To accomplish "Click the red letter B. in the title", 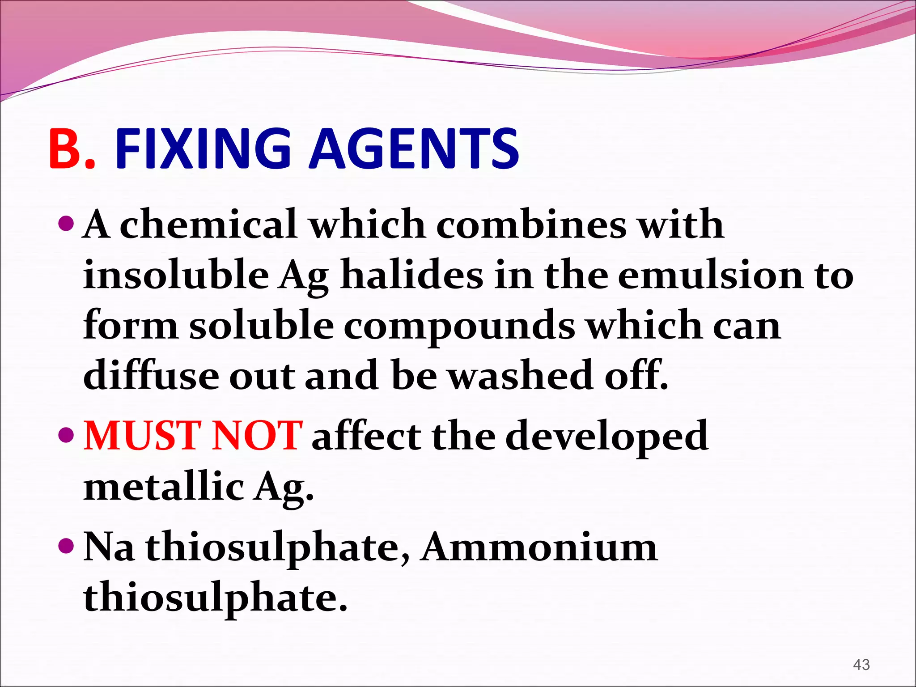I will click(x=72, y=149).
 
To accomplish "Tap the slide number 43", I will click(x=861, y=665).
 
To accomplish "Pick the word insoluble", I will click(x=176, y=275).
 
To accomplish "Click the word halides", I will click(x=411, y=275).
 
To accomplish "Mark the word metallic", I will click(x=164, y=487).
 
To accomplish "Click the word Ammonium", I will click(x=539, y=547).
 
